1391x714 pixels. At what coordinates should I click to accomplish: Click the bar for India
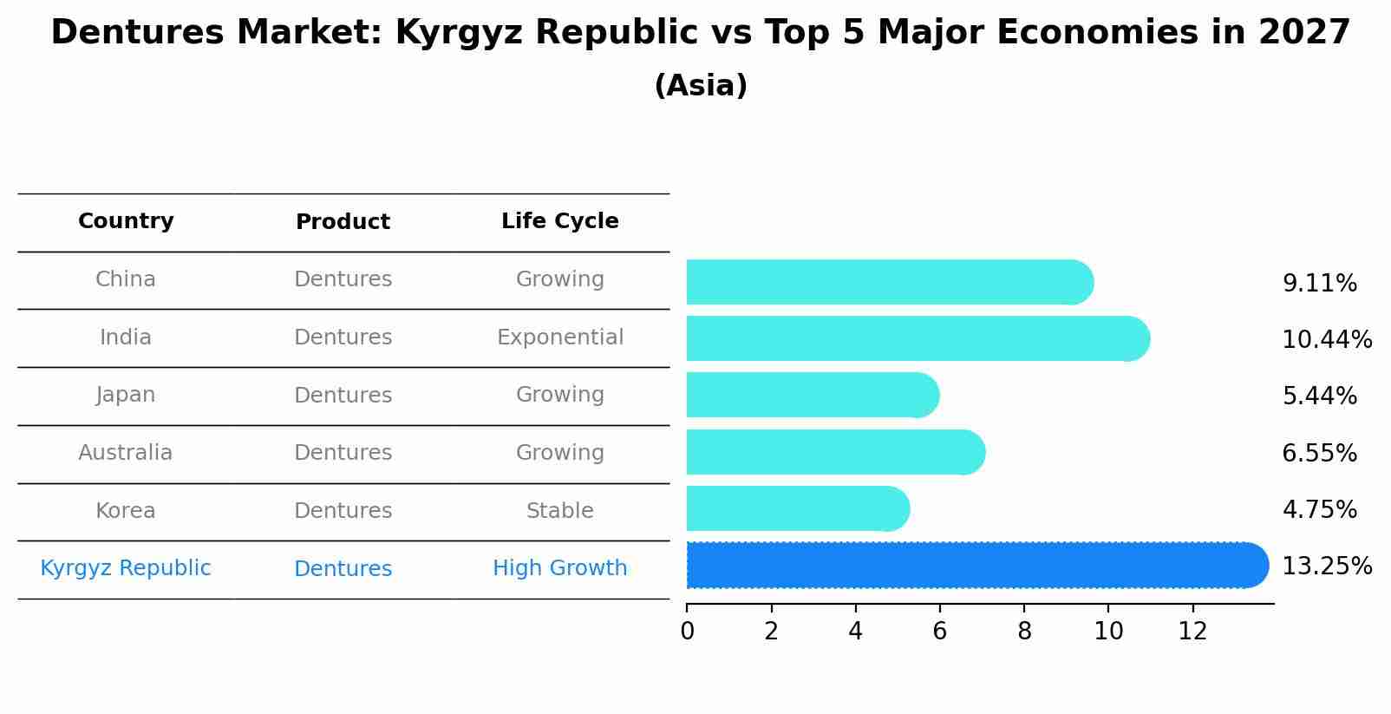coord(918,338)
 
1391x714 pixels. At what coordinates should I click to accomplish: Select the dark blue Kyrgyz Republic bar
coord(976,566)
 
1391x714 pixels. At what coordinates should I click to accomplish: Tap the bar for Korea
coord(798,508)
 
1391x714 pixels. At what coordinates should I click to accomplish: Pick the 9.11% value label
coord(1319,284)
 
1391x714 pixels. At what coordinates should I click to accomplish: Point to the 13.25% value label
coord(1326,567)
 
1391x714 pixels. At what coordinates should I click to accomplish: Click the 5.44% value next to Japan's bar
coord(1319,396)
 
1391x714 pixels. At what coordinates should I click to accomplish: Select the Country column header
coord(126,221)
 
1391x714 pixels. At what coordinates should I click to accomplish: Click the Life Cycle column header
coord(559,221)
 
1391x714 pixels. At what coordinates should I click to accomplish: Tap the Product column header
coord(343,222)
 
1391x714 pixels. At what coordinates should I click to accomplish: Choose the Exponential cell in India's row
coord(559,337)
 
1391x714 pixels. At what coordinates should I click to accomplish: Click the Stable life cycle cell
coord(559,511)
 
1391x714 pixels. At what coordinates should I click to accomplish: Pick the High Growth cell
coord(559,568)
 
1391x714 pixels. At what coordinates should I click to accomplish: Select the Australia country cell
coord(126,453)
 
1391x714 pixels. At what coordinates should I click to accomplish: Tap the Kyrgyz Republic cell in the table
coord(126,568)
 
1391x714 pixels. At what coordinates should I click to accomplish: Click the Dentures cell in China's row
coord(343,279)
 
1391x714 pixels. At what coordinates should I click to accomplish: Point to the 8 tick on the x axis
coord(1024,631)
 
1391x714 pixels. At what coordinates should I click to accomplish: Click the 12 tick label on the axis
coord(1192,631)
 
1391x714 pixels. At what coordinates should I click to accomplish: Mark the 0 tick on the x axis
coord(687,631)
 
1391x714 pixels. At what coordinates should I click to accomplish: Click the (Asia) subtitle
coord(701,86)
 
